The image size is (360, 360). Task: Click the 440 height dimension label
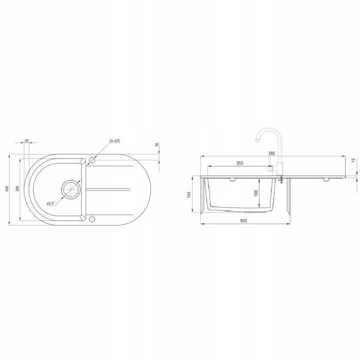tap(7, 188)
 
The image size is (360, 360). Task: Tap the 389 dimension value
tap(18, 188)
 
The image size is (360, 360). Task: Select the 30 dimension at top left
tap(26, 140)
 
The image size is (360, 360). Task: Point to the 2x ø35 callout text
tap(114, 140)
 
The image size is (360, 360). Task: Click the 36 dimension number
tap(157, 145)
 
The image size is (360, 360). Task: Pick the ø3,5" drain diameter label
tap(50, 203)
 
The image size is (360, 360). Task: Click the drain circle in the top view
tap(71, 189)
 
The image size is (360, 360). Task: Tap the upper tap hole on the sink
tap(92, 160)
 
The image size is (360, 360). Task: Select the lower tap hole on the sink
tap(92, 218)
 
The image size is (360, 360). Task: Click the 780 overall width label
tap(271, 153)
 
